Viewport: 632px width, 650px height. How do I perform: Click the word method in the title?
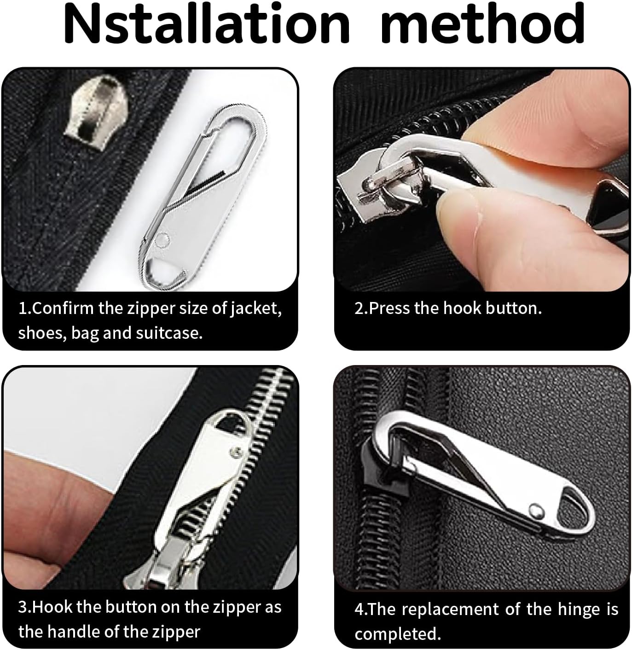[x=483, y=24]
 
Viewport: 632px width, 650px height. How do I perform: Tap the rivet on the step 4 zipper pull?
[x=535, y=509]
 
